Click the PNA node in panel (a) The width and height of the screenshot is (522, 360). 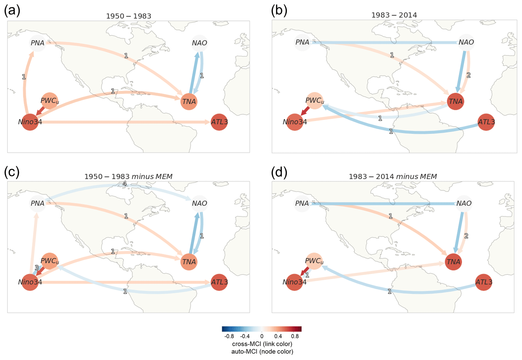37,43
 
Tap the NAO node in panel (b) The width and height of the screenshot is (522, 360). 466,42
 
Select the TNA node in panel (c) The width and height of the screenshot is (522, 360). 189,262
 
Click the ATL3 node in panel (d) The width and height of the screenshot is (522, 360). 484,282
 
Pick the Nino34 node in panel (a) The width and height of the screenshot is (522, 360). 30,122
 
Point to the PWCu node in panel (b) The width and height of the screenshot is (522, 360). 314,101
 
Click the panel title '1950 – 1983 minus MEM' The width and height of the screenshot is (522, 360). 128,177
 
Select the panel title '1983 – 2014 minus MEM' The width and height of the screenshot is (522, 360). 393,177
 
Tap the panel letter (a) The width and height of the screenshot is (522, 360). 12,11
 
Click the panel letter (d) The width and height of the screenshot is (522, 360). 279,172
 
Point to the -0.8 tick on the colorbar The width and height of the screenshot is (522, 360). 229,336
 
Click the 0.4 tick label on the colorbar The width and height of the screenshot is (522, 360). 278,336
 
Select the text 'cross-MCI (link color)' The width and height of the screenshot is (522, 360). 262,344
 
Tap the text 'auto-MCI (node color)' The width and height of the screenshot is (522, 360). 262,352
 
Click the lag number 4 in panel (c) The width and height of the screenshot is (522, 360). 125,184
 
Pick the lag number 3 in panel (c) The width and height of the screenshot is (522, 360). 36,268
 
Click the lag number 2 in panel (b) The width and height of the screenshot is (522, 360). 468,75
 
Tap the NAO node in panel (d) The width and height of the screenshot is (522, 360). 464,204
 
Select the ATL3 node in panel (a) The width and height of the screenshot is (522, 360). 219,122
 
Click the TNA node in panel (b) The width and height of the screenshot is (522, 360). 456,101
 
